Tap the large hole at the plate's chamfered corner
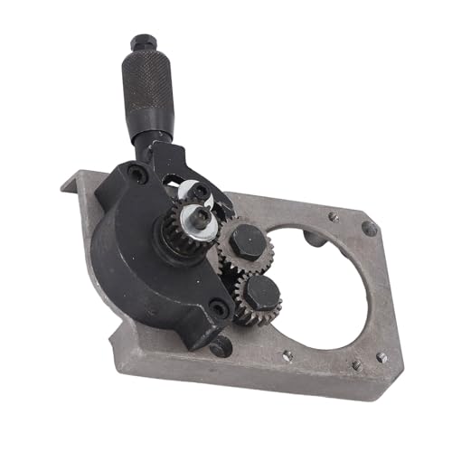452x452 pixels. click(x=368, y=229)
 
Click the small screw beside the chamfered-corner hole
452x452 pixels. click(x=334, y=216)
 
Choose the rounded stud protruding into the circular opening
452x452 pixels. click(x=312, y=240)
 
